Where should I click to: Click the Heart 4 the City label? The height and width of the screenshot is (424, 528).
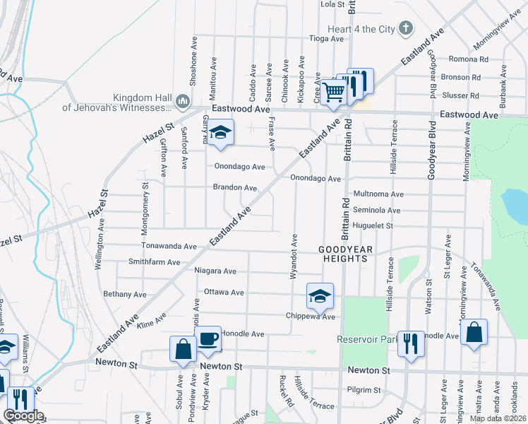(356, 29)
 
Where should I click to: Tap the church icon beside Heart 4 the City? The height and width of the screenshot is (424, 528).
(405, 29)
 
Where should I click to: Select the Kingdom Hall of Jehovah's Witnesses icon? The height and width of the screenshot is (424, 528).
(182, 102)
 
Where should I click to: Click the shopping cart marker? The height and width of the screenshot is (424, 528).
(333, 90)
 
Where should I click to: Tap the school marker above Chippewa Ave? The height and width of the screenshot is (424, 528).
(320, 295)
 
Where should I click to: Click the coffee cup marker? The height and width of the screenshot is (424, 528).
(208, 339)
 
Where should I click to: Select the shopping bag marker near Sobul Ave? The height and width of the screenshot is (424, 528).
(183, 349)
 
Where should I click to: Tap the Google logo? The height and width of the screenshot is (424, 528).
(23, 416)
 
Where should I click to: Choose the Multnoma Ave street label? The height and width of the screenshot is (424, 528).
(378, 194)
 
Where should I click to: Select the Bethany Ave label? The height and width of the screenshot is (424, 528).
(124, 294)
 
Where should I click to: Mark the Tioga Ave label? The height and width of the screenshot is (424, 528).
(325, 39)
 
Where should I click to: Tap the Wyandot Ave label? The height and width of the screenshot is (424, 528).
(293, 256)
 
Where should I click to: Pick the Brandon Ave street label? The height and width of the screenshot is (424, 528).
(235, 188)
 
